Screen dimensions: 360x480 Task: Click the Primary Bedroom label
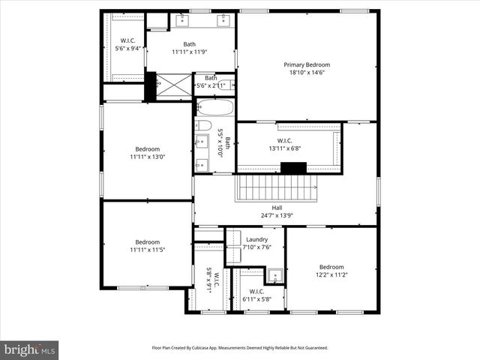point(306,65)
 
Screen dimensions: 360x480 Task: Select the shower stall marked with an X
point(173,85)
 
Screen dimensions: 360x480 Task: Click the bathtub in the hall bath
point(215,107)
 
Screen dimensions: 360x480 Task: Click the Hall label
point(277,208)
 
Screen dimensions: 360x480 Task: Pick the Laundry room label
point(256,239)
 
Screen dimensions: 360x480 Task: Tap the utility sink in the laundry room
point(275,275)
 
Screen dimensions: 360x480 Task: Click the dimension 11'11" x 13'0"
point(147,157)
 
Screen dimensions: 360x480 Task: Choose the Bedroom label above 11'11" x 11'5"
point(147,241)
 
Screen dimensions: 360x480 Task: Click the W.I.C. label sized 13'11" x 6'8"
point(285,140)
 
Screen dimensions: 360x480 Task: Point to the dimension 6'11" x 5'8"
point(257,299)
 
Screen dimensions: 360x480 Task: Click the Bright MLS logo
point(30,349)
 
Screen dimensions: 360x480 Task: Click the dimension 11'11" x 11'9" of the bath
point(189,52)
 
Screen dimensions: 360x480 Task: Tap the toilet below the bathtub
point(203,125)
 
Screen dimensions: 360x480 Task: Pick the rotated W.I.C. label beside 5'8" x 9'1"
point(217,283)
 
